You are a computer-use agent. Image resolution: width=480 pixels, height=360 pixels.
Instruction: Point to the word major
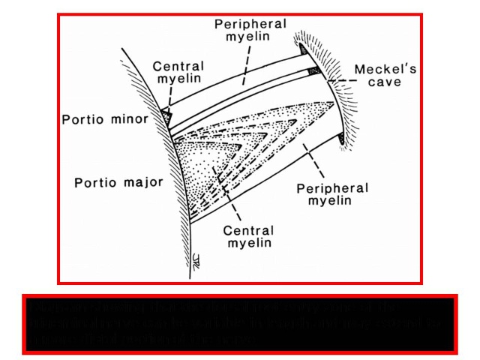(138, 182)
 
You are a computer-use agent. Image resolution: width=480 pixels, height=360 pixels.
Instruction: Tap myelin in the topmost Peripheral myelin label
(250, 39)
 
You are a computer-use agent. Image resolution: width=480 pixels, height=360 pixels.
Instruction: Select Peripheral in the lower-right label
(332, 188)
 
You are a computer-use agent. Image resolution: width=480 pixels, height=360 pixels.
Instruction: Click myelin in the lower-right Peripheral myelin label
(332, 204)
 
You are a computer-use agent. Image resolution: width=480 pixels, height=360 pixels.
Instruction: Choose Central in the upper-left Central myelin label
(178, 67)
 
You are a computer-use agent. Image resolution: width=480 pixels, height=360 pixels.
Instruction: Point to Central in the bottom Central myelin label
(249, 231)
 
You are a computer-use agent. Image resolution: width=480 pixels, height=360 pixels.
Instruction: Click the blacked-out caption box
(239, 324)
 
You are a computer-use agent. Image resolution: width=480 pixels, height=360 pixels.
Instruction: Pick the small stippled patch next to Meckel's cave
(315, 71)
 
